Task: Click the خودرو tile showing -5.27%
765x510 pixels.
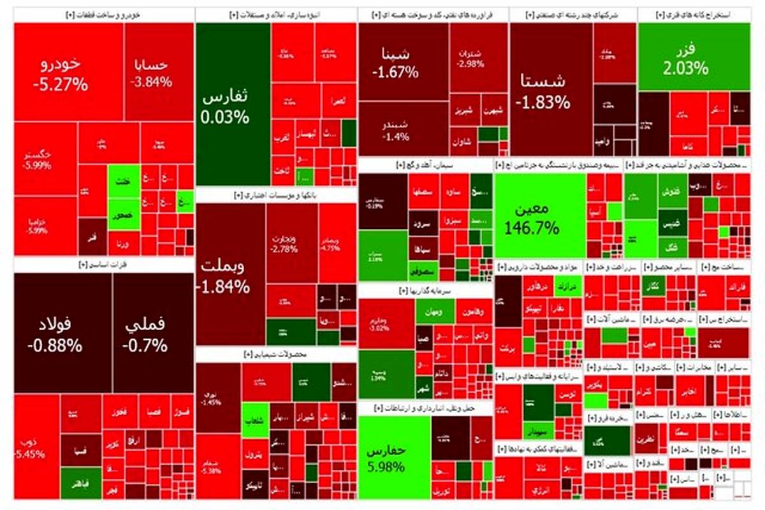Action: click(68, 71)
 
